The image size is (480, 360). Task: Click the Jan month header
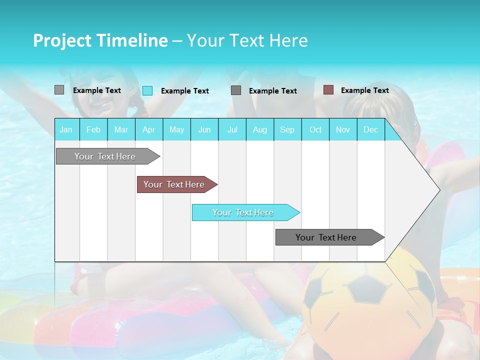[66, 129]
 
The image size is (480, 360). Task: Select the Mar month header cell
[121, 129]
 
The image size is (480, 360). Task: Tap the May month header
[176, 129]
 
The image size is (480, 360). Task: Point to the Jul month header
[232, 129]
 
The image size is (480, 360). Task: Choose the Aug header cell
[259, 129]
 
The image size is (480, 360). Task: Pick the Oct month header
[315, 129]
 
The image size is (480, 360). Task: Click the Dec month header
[370, 129]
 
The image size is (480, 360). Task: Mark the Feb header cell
[93, 129]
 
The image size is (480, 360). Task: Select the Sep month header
[287, 129]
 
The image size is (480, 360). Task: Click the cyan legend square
[147, 90]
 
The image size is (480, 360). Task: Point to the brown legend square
[328, 90]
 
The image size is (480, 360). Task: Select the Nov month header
[343, 129]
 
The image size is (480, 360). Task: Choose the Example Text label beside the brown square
[364, 90]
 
